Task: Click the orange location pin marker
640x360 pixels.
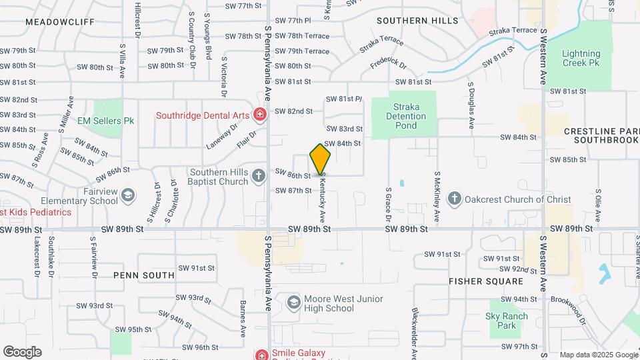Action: pyautogui.click(x=321, y=159)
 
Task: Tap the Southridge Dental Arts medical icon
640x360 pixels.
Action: pyautogui.click(x=260, y=115)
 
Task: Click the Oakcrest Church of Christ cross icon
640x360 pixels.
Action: pyautogui.click(x=455, y=199)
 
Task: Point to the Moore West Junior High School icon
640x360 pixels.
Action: pyautogui.click(x=293, y=303)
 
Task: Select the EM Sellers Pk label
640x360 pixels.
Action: pyautogui.click(x=106, y=121)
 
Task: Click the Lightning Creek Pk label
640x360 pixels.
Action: pyautogui.click(x=581, y=58)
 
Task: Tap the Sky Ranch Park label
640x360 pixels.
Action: pyautogui.click(x=507, y=321)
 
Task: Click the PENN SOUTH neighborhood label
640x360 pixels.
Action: pyautogui.click(x=144, y=275)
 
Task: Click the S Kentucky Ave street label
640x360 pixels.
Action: pyautogui.click(x=323, y=199)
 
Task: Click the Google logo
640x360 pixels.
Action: pyautogui.click(x=22, y=351)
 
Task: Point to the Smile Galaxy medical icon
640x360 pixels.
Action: pyautogui.click(x=260, y=355)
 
